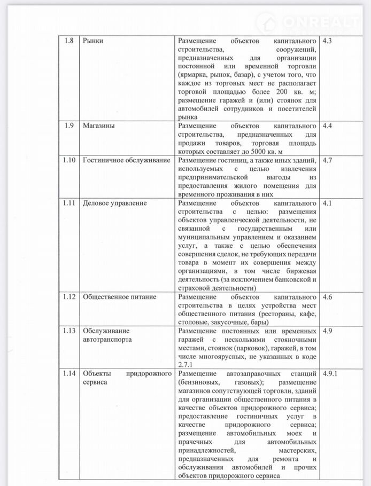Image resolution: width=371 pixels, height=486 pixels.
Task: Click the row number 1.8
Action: pos(68,41)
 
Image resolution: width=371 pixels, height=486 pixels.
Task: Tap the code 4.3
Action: pos(328,41)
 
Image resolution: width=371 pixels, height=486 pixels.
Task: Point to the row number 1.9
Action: pos(68,126)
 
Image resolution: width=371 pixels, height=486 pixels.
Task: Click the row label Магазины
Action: pos(99,126)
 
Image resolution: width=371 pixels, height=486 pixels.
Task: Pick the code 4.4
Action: pos(328,126)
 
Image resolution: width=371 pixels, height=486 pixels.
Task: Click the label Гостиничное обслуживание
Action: pos(126,160)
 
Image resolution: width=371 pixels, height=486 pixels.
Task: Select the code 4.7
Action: pos(328,160)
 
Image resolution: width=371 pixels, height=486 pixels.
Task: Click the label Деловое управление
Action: pos(114,203)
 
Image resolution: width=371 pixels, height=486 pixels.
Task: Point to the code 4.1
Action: pos(328,203)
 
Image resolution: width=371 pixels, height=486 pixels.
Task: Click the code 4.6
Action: pos(328,297)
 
